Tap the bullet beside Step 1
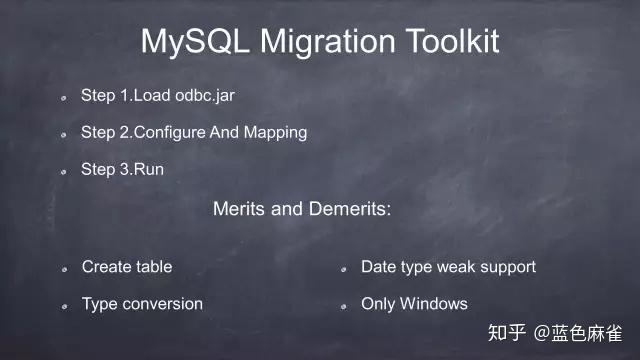(x=62, y=99)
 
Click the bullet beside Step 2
(x=62, y=135)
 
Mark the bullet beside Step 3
(x=62, y=172)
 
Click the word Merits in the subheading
(x=237, y=210)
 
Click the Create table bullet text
(x=127, y=267)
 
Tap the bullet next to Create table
(x=62, y=270)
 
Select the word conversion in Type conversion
(x=163, y=303)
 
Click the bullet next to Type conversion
(x=62, y=306)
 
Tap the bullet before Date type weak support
(x=341, y=270)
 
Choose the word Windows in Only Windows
(x=433, y=303)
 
